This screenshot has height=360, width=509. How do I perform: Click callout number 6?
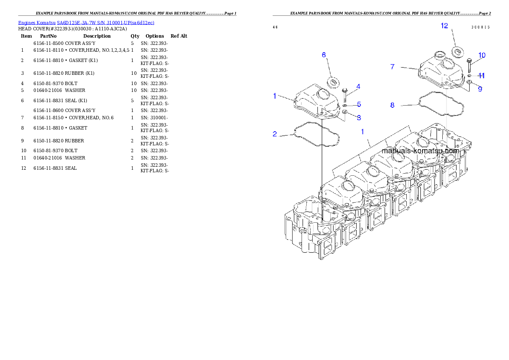(x=324, y=55)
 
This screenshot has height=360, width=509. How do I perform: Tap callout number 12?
(x=444, y=26)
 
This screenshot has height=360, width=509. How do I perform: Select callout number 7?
(x=392, y=67)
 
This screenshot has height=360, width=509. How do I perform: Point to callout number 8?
(x=392, y=105)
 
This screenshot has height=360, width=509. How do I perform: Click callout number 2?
(x=275, y=134)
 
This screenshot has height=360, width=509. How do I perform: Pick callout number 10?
(x=482, y=55)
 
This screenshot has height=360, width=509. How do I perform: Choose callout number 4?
(x=358, y=86)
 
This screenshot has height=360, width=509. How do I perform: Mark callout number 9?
(x=480, y=89)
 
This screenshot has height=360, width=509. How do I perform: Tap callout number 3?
(x=358, y=117)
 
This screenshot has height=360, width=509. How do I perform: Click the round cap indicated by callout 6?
(x=333, y=81)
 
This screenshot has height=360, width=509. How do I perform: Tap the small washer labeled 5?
(x=345, y=105)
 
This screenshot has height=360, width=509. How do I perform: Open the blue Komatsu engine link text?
(x=86, y=22)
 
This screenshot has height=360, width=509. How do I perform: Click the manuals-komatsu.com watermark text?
(x=420, y=151)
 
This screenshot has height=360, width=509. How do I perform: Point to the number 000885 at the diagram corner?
(x=480, y=27)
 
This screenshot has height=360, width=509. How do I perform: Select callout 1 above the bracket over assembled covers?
(x=362, y=132)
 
